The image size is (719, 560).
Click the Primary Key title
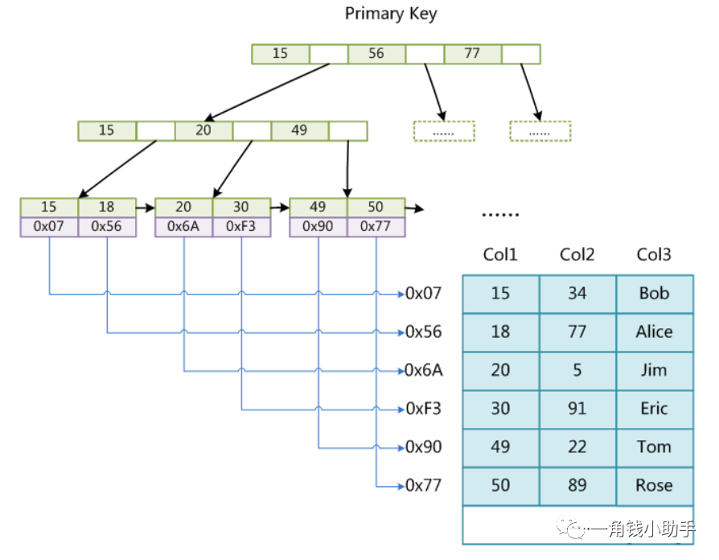pos(391,14)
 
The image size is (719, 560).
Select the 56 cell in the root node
pos(376,54)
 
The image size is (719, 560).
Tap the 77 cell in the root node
pos(472,54)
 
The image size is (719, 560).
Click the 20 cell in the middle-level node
pos(203,130)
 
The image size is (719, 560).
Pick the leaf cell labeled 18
pos(107,208)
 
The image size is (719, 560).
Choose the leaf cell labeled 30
pos(241,208)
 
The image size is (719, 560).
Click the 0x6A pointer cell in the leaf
pos(183,227)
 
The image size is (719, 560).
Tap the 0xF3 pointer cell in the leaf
pos(241,227)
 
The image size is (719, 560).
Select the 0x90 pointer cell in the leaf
pos(318,227)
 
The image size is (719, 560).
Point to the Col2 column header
pos(577,254)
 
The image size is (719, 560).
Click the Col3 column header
pos(654,254)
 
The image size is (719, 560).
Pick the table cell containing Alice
pos(655,332)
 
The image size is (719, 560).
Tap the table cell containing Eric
pos(655,409)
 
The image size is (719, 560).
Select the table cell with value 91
pos(577,409)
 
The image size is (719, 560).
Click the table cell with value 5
pos(577,371)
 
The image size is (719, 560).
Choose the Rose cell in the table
pos(655,486)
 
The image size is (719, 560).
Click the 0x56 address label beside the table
pos(424,332)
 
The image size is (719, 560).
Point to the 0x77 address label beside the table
pos(424,486)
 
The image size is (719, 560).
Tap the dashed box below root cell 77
pos(540,131)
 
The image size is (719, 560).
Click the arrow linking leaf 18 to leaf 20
pos(146,208)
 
